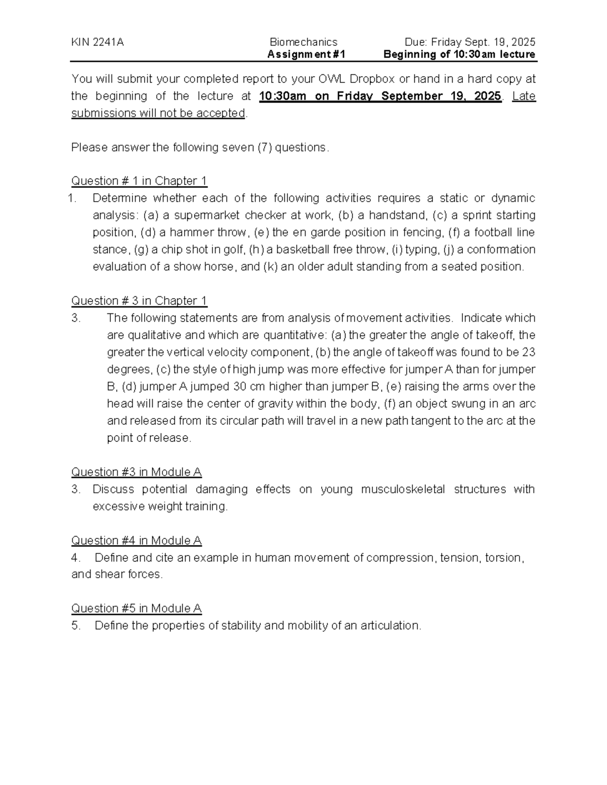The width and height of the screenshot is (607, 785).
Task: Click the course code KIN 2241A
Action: (97, 42)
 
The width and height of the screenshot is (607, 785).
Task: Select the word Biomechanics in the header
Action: (303, 42)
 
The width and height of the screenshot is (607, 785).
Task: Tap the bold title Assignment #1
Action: (307, 55)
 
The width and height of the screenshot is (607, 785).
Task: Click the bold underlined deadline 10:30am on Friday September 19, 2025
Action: (380, 96)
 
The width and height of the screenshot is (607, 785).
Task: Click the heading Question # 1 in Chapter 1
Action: (139, 181)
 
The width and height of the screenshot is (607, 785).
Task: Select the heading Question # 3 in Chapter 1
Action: (139, 301)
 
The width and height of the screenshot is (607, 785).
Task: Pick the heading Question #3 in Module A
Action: (137, 472)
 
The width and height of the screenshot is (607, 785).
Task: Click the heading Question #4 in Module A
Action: (137, 540)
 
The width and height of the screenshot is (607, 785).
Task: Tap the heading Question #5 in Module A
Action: (137, 609)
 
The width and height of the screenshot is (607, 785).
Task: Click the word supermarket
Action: (207, 215)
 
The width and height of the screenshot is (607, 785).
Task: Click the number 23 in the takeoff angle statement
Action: (528, 352)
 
